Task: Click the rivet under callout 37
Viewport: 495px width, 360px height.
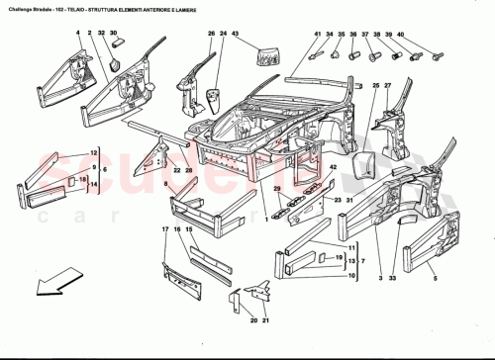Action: (x=373, y=56)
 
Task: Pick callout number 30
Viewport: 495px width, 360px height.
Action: (x=115, y=34)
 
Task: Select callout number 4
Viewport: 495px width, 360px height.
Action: (x=76, y=34)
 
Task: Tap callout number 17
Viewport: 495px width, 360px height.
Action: (x=164, y=230)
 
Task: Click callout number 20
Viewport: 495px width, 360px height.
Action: (x=252, y=321)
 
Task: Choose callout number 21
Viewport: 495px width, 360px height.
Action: (x=265, y=321)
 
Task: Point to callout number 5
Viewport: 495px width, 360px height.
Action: (x=435, y=280)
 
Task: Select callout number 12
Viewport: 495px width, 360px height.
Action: (x=93, y=153)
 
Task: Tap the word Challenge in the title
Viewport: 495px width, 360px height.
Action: (x=22, y=9)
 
